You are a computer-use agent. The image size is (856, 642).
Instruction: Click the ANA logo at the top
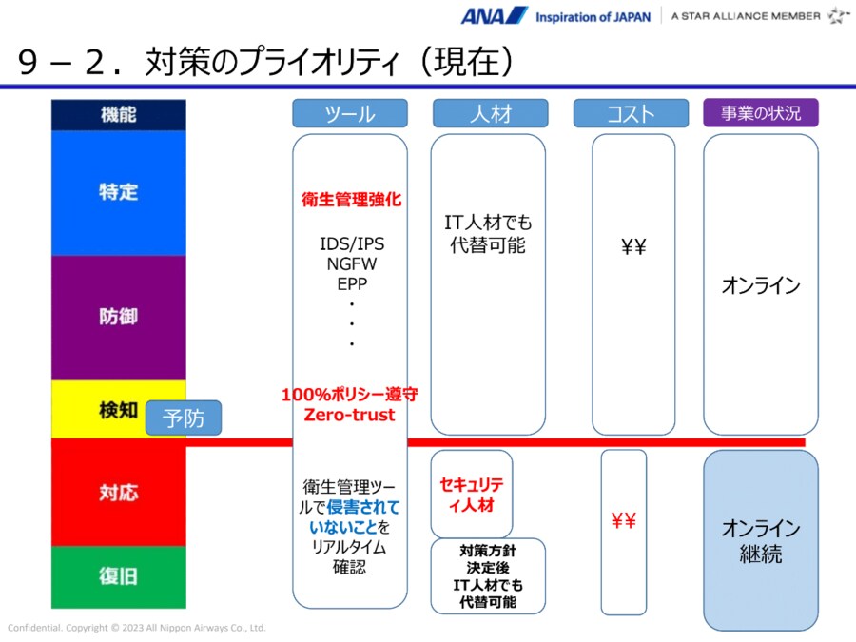point(494,15)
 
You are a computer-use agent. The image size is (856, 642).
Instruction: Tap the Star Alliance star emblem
point(838,15)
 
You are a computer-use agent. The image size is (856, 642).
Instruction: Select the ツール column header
point(349,113)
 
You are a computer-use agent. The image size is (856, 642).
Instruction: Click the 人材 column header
point(489,113)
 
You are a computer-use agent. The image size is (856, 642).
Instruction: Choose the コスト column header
point(630,113)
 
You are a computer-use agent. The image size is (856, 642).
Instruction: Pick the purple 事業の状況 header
point(760,112)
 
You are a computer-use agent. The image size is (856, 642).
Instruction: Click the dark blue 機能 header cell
point(119,114)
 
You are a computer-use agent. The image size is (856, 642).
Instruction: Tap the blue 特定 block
point(119,192)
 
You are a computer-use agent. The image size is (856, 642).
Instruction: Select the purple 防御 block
point(119,317)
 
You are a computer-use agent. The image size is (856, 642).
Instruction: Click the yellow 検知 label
point(119,410)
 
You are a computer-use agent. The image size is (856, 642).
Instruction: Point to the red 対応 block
point(119,493)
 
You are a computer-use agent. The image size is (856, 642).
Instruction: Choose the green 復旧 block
point(119,576)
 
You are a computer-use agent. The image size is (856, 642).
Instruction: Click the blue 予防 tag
point(183,418)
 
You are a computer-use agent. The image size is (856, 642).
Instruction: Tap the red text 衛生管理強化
point(351,200)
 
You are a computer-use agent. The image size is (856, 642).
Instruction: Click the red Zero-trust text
point(349,415)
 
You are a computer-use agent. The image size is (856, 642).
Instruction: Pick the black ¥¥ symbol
point(633,247)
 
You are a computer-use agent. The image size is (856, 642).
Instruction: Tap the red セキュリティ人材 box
point(472,494)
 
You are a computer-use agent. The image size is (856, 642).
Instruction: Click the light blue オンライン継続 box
point(761,541)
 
